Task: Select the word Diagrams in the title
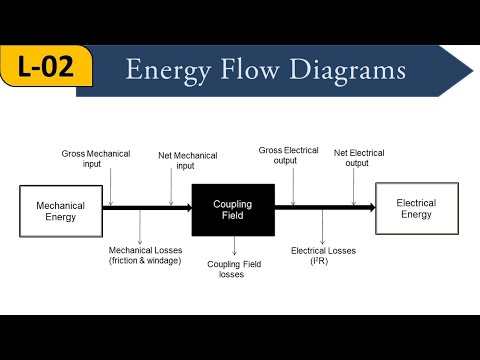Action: [x=349, y=71]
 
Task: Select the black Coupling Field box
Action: [x=233, y=209]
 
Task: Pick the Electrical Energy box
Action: [x=416, y=208]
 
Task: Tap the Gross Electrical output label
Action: [x=290, y=156]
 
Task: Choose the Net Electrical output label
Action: [x=358, y=157]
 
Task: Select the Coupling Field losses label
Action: [x=232, y=268]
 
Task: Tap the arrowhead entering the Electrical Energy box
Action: [x=370, y=207]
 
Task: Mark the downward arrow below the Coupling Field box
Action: [x=233, y=246]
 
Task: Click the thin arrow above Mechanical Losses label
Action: [x=140, y=227]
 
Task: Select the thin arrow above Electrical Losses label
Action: [x=321, y=227]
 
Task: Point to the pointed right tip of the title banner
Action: [x=471, y=71]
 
